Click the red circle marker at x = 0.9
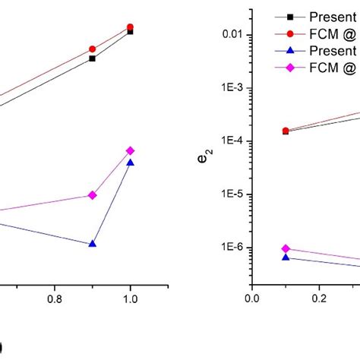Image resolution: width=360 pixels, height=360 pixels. (x=93, y=49)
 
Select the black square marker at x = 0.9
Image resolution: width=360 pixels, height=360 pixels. (x=93, y=58)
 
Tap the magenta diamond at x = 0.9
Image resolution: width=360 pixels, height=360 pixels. (x=93, y=195)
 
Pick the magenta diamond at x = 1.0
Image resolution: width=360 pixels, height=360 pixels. (x=131, y=150)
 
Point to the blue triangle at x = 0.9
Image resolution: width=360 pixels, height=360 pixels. (x=93, y=244)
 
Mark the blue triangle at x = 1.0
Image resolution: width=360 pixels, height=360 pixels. (x=131, y=163)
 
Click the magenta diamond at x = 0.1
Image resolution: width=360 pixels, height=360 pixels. (x=286, y=248)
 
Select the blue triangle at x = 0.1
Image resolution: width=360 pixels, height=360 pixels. (x=286, y=257)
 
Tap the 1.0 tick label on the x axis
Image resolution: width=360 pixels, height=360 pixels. (x=131, y=299)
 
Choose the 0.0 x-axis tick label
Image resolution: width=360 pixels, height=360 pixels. (x=251, y=299)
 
